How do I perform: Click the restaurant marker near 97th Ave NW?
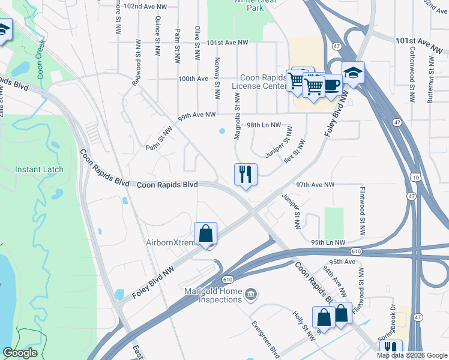pyautogui.click(x=246, y=175)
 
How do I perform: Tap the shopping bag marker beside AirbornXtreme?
pyautogui.click(x=205, y=233)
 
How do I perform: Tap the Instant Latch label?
pyautogui.click(x=40, y=169)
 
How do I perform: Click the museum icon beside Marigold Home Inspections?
pyautogui.click(x=252, y=293)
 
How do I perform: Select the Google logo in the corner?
pyautogui.click(x=20, y=353)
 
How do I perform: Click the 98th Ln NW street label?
pyautogui.click(x=264, y=125)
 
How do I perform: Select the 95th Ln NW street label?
pyautogui.click(x=328, y=242)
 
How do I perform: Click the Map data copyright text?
pyautogui.click(x=411, y=355)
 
